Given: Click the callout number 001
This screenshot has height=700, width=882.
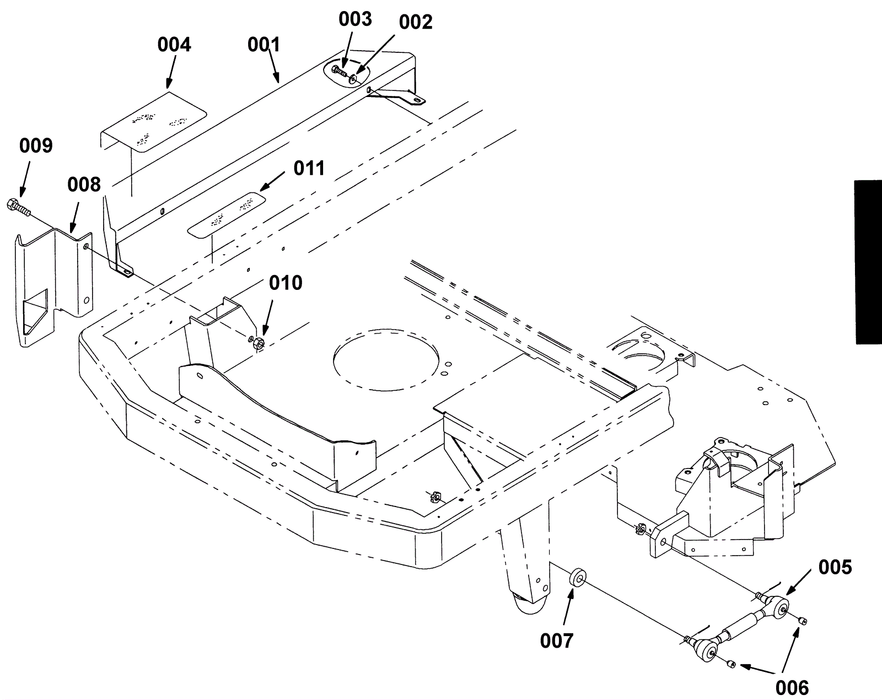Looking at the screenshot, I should [x=264, y=45].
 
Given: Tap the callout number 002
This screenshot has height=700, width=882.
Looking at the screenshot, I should [x=416, y=23].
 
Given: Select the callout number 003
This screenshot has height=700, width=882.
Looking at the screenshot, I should [x=355, y=19].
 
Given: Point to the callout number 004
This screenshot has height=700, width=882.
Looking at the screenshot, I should [x=174, y=45].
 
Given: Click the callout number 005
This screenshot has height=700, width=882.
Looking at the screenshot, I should [x=835, y=567].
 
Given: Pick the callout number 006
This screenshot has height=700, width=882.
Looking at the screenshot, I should [x=792, y=687].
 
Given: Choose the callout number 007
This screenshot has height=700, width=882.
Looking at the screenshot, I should [x=557, y=641].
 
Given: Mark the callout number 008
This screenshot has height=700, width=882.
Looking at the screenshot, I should [x=84, y=185].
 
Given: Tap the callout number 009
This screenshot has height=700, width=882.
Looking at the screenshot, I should [x=36, y=146].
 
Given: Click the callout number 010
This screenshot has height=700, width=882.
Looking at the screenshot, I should [x=286, y=283].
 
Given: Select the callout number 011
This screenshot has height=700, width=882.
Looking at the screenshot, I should [x=309, y=169].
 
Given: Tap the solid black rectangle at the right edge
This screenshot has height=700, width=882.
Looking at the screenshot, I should [x=868, y=262].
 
